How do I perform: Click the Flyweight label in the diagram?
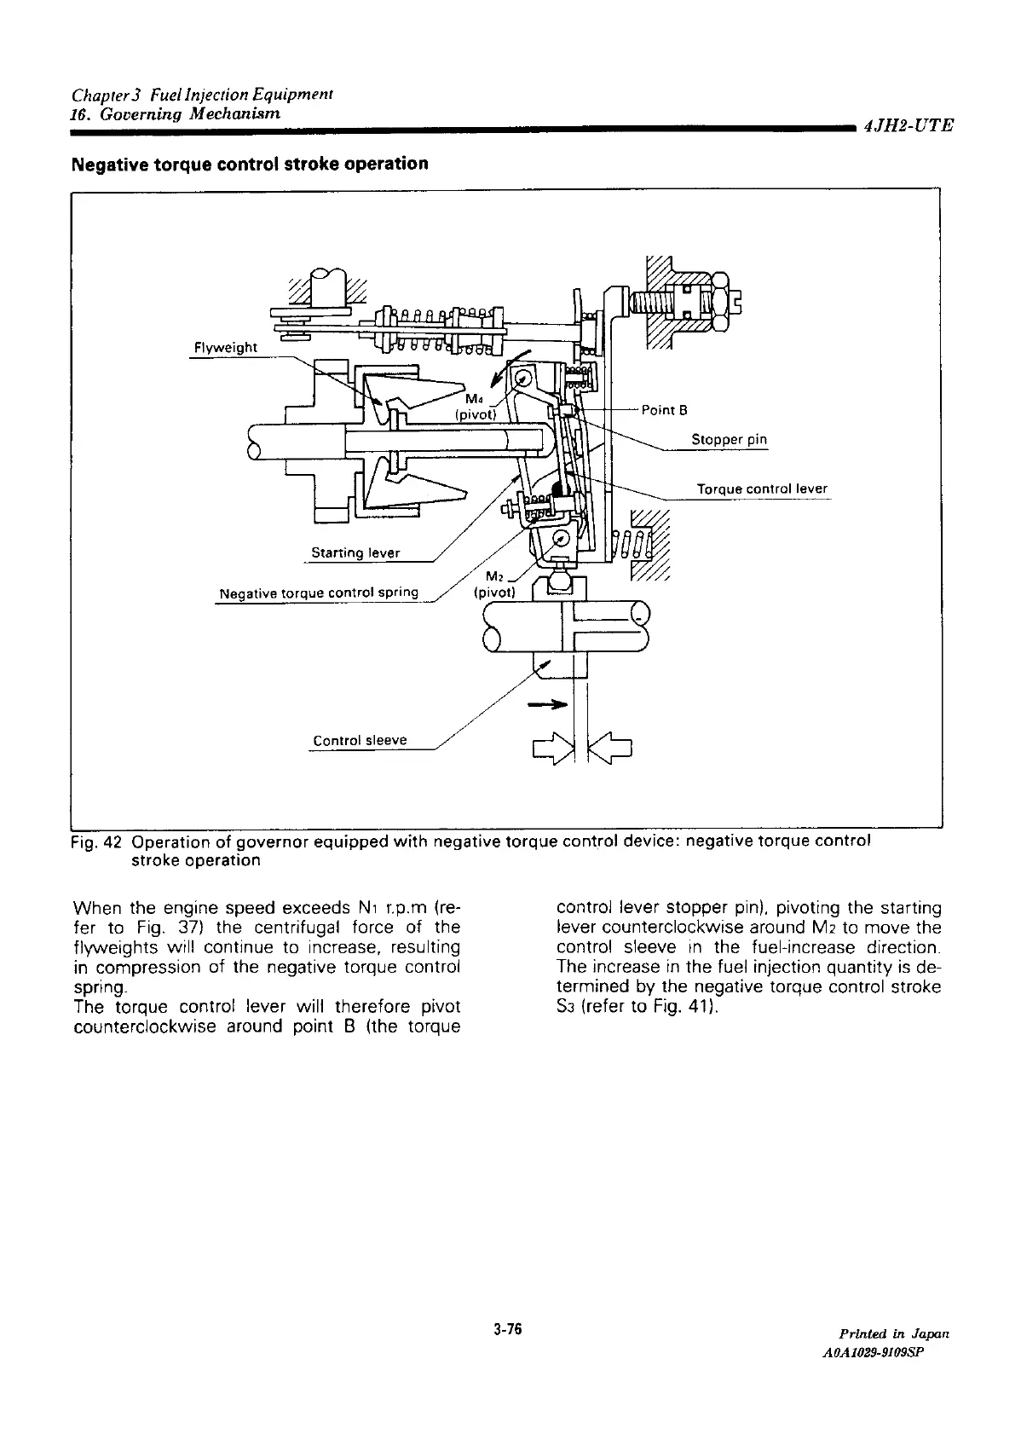225,347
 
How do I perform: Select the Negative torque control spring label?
319,593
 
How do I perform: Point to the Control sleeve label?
360,740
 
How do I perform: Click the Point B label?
664,410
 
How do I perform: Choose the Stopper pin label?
729,440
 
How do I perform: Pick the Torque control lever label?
761,489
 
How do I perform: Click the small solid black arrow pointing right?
547,705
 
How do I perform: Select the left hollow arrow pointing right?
551,749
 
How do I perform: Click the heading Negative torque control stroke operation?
251,163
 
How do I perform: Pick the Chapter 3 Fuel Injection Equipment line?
201,92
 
